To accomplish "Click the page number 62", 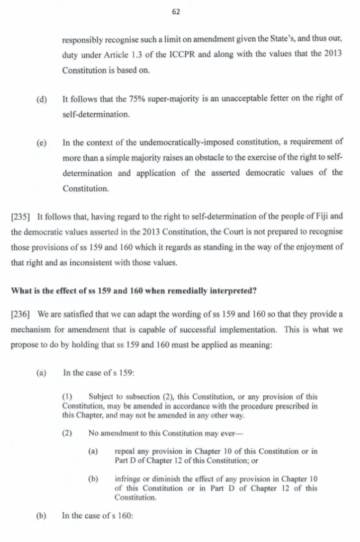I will point(176,12).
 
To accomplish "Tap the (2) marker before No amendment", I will point(67,433).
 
